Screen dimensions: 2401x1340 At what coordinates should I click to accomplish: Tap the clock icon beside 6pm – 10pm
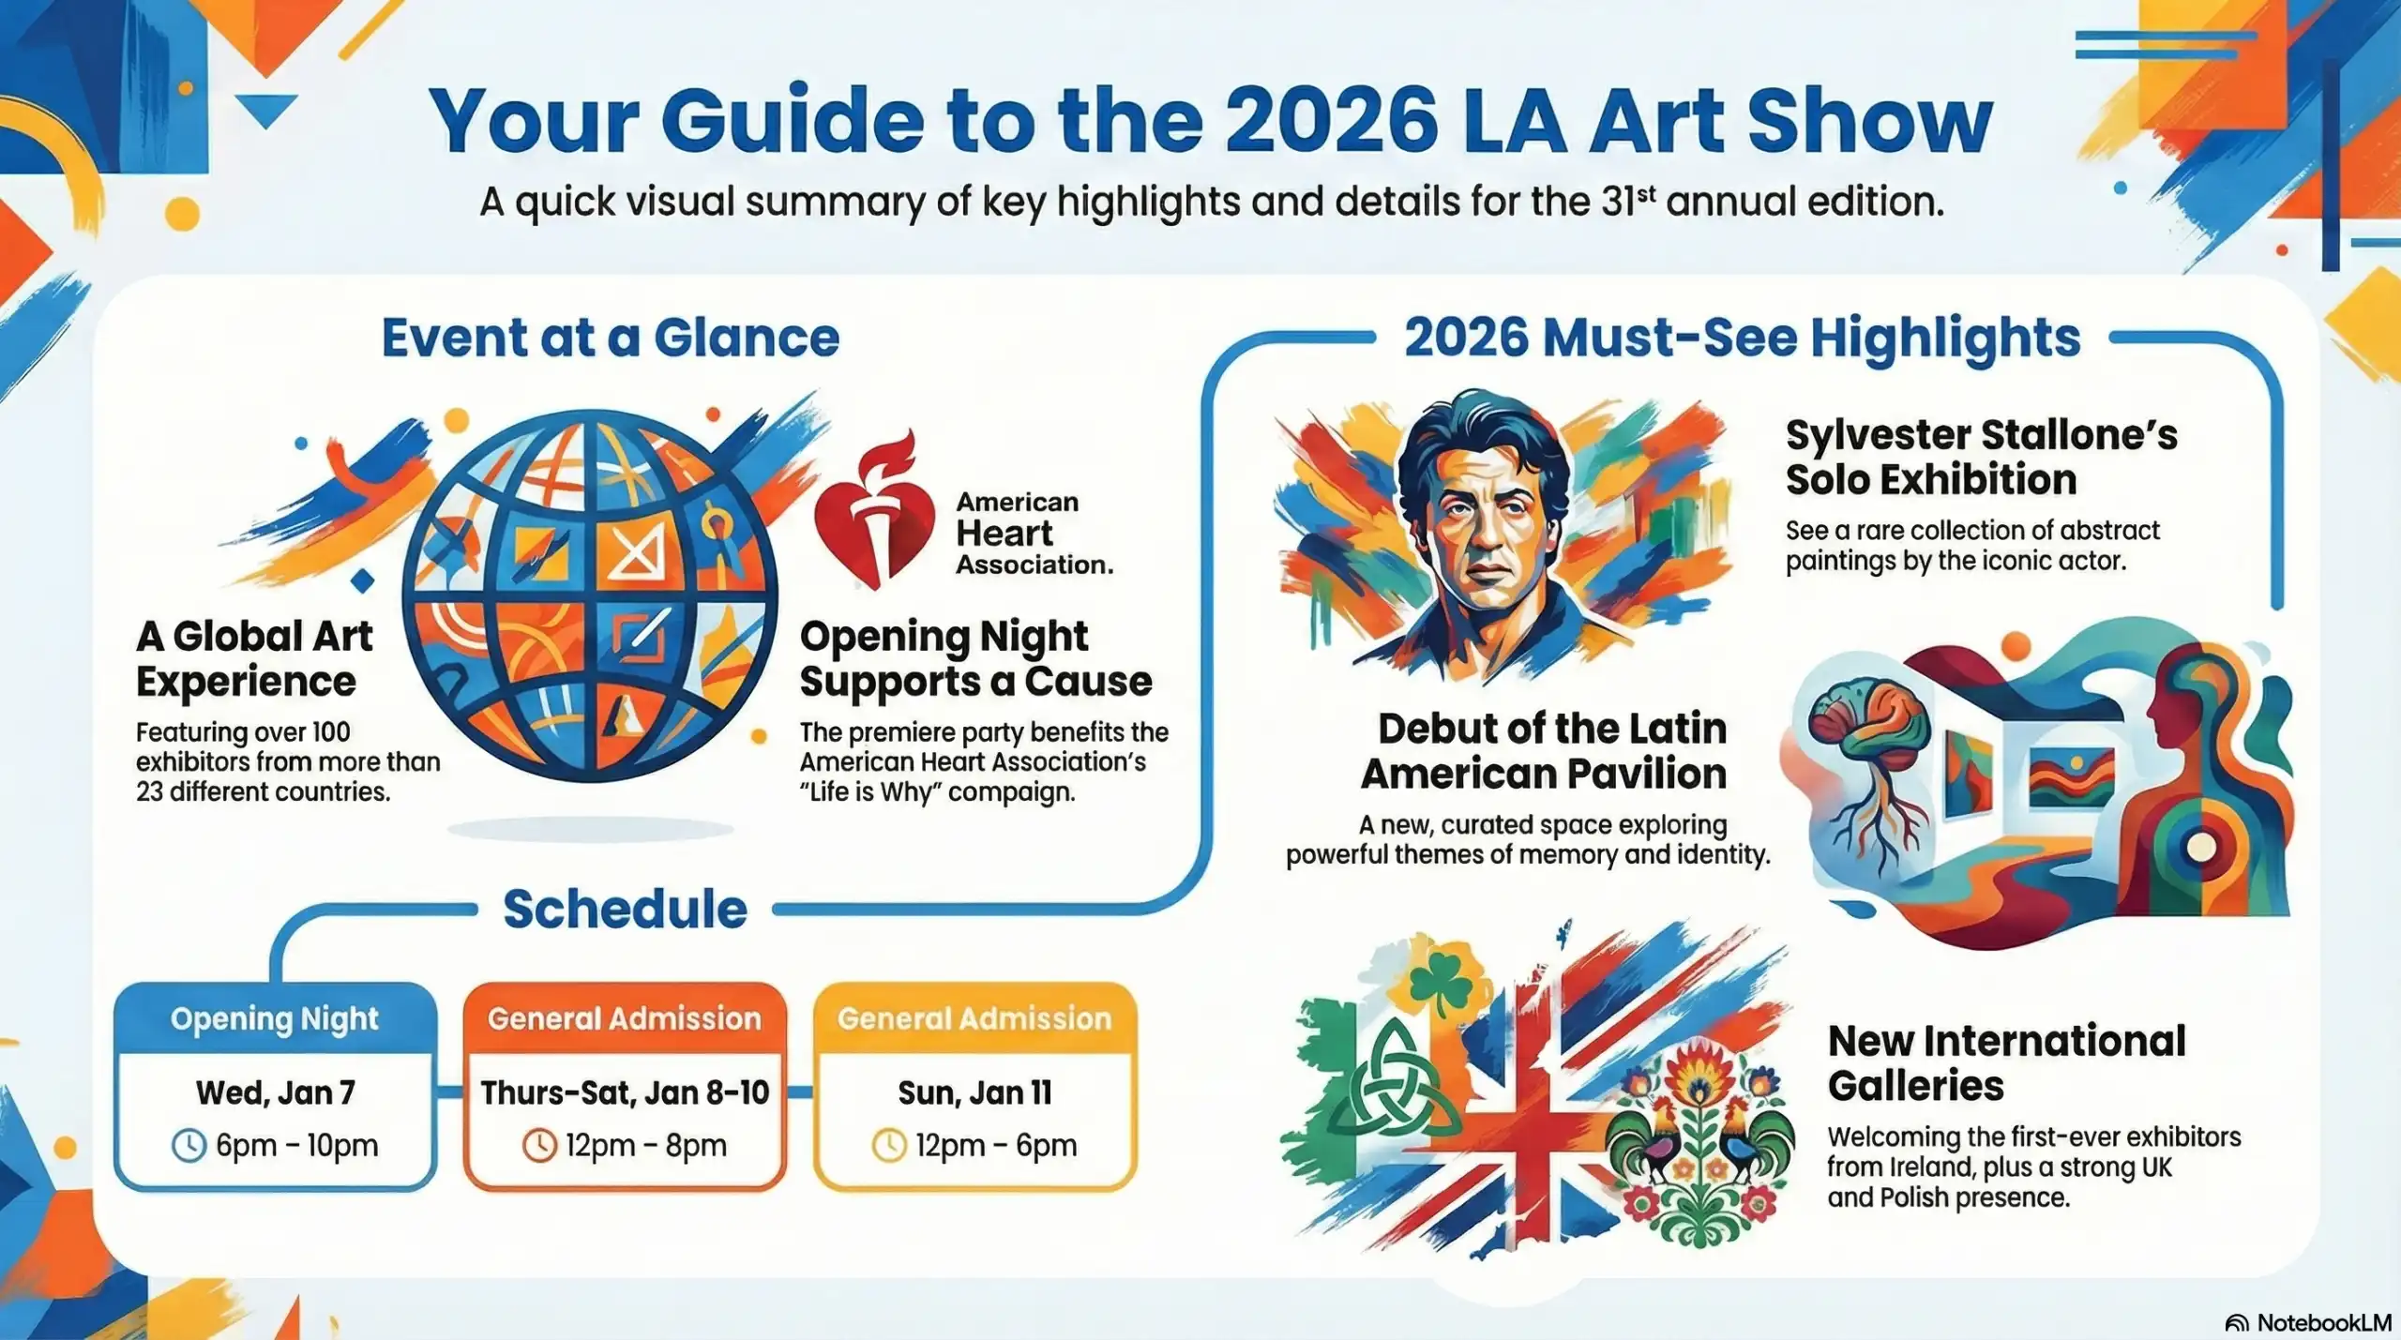click(189, 1145)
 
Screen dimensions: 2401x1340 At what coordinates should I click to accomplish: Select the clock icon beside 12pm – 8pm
click(539, 1145)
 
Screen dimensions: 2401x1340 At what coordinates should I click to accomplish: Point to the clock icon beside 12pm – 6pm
click(889, 1145)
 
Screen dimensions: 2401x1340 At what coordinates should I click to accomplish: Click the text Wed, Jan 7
click(276, 1092)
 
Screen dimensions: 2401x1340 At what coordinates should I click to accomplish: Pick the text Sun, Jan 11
click(974, 1092)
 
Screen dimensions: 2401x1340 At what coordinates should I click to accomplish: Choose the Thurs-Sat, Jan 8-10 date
click(625, 1092)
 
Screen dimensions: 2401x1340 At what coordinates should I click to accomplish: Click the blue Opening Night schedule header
click(275, 1019)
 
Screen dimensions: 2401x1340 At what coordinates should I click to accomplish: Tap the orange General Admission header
click(625, 1019)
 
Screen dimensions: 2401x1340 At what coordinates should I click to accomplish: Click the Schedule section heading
click(625, 909)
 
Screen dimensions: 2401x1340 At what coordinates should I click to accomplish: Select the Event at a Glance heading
click(611, 338)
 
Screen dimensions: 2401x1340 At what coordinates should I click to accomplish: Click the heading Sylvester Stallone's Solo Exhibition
click(1981, 458)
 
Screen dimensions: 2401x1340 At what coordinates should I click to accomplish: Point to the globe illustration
click(590, 596)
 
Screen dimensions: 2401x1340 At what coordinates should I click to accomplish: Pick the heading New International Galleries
click(2006, 1063)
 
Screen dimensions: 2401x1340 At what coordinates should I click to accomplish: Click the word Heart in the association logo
click(1004, 534)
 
